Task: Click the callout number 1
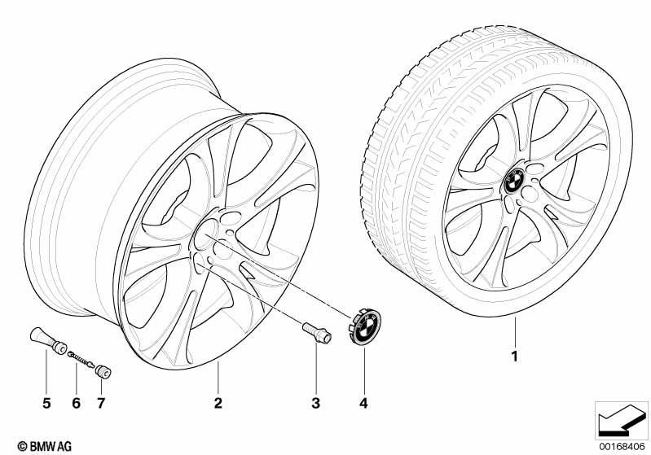515,357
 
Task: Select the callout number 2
218,403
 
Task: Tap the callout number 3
315,403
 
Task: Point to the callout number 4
363,403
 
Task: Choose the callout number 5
46,403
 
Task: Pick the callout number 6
76,403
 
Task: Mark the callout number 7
101,403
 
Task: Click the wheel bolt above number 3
316,333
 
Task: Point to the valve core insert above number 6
81,358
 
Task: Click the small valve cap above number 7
103,372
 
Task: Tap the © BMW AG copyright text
45,446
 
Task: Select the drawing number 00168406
622,446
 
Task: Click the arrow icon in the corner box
620,420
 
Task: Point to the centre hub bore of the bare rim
206,234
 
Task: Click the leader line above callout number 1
515,332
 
